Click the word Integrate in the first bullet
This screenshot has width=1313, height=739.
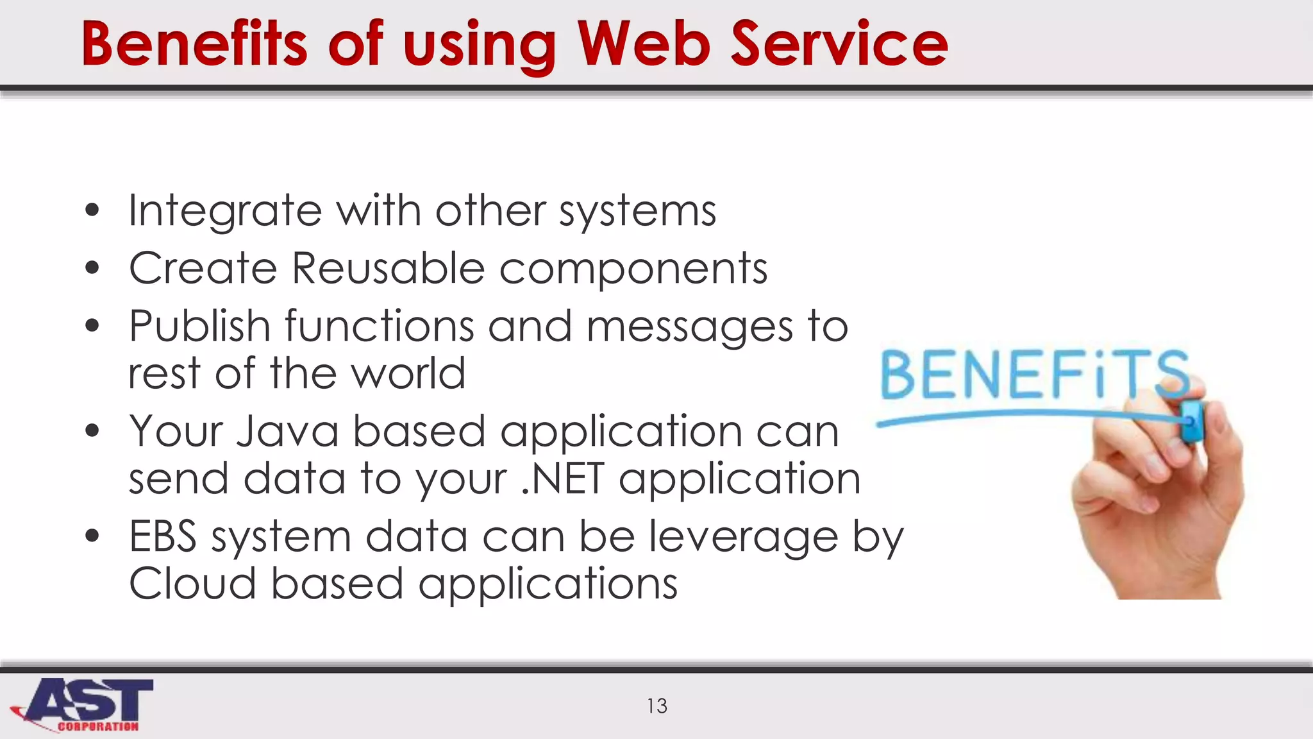pyautogui.click(x=225, y=211)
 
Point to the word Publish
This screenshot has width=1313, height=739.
pyautogui.click(x=199, y=326)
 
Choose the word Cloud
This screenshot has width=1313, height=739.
pyautogui.click(x=192, y=584)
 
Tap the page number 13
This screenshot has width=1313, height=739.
pyautogui.click(x=657, y=706)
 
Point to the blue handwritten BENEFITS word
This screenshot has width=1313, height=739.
pyautogui.click(x=1033, y=375)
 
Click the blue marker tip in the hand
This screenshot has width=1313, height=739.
pyautogui.click(x=1192, y=421)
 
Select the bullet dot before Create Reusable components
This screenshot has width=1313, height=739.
pyautogui.click(x=92, y=268)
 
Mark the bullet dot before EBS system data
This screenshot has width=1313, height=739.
pyautogui.click(x=92, y=536)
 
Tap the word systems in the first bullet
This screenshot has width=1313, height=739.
pyautogui.click(x=637, y=211)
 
